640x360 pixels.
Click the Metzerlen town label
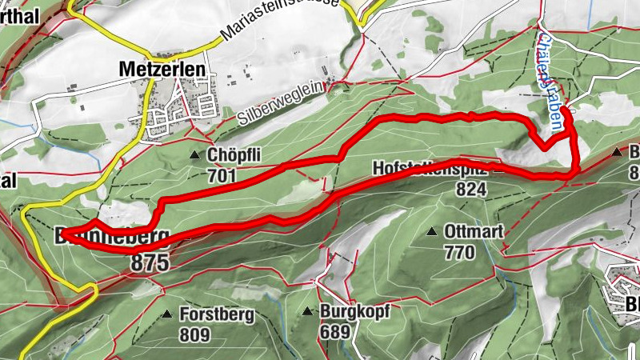point(161,70)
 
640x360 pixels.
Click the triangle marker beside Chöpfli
point(195,154)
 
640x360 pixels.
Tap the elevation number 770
point(461,252)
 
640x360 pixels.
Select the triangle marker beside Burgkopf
point(309,311)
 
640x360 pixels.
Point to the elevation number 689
point(336,331)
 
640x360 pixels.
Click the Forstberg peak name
point(217,314)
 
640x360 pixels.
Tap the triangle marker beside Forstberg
point(167,314)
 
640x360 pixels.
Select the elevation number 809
point(194,334)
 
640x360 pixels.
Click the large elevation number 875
point(151,262)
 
